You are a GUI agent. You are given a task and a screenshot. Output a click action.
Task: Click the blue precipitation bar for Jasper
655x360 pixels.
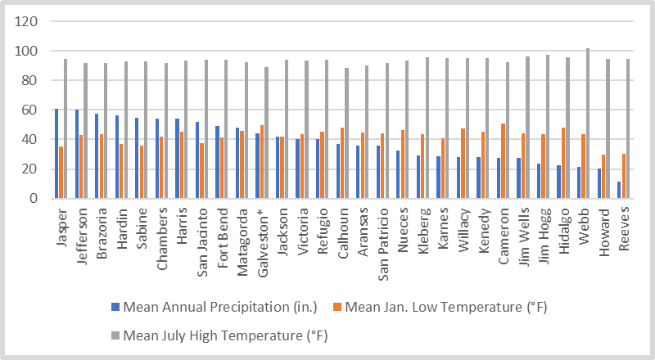[56, 154]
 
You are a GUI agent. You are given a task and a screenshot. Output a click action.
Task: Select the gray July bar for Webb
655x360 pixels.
[587, 124]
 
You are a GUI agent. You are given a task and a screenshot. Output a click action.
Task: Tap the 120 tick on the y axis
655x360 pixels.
[29, 22]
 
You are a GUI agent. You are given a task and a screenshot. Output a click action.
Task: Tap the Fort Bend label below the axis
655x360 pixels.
[222, 233]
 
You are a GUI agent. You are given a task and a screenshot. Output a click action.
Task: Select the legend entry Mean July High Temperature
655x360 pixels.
[224, 334]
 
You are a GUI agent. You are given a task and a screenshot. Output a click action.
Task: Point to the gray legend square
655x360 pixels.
[115, 334]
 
